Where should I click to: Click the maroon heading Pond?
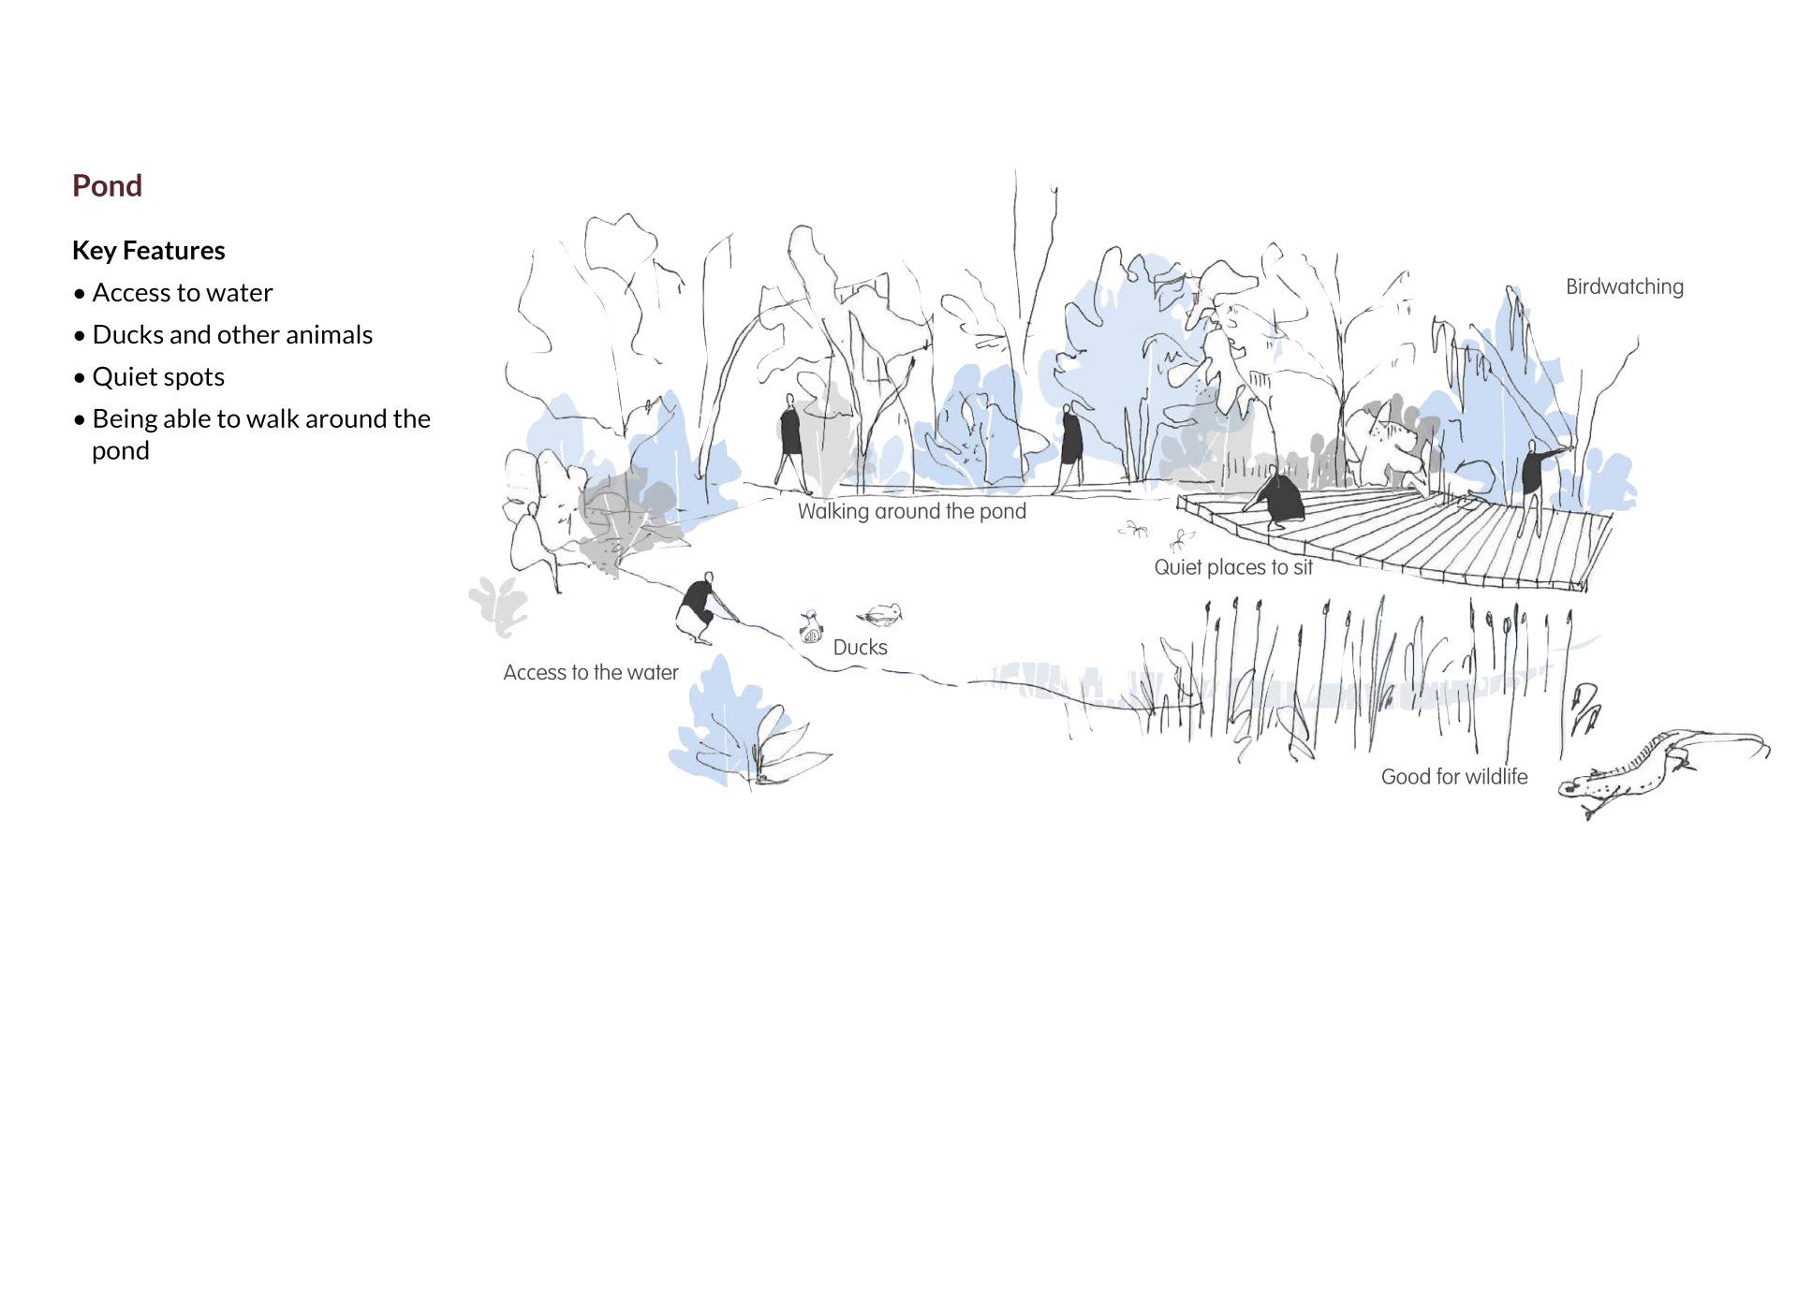pyautogui.click(x=107, y=185)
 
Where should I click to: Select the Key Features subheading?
pyautogui.click(x=148, y=251)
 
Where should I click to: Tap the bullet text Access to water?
pyautogui.click(x=182, y=293)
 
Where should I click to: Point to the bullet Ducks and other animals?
pyautogui.click(x=231, y=335)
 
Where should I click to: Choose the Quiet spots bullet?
pyautogui.click(x=157, y=377)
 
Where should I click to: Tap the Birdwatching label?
pyautogui.click(x=1624, y=287)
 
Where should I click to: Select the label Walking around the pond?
pyautogui.click(x=911, y=512)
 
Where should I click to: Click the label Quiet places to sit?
pyautogui.click(x=1232, y=567)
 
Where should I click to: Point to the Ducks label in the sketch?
pyautogui.click(x=860, y=648)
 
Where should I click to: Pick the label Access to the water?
pyautogui.click(x=590, y=673)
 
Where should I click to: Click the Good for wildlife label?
pyautogui.click(x=1453, y=777)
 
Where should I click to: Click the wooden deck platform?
pyautogui.click(x=1423, y=538)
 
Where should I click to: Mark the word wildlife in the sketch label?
pyautogui.click(x=1496, y=777)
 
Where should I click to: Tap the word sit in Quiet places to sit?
pyautogui.click(x=1303, y=567)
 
